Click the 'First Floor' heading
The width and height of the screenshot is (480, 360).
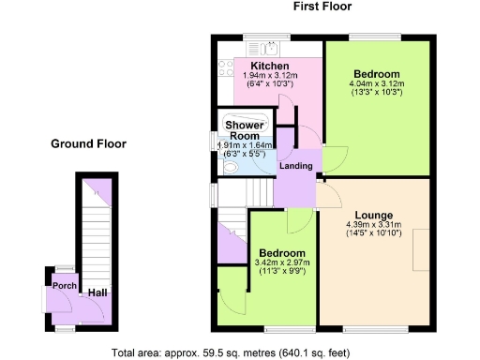pos(323,7)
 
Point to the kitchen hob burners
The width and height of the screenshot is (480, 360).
pos(224,67)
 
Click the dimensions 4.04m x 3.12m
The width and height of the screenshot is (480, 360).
pos(377,83)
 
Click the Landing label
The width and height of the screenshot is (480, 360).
pos(297,166)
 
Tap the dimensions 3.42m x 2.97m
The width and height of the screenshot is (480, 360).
pos(282,263)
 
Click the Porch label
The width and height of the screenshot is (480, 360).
pos(65,286)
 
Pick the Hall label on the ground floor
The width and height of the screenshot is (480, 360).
pos(97,293)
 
